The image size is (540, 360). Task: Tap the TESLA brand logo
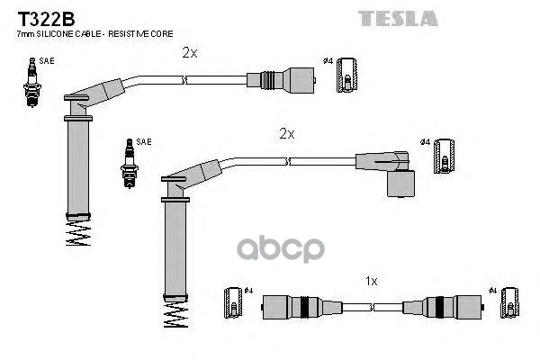(399, 17)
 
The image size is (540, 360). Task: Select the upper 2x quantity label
(189, 52)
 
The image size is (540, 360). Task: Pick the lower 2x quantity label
(286, 133)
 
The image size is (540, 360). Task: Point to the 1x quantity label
(371, 281)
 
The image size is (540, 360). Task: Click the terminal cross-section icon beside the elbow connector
(443, 160)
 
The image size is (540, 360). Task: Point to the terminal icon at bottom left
(233, 304)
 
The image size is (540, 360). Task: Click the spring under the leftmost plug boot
(78, 234)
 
